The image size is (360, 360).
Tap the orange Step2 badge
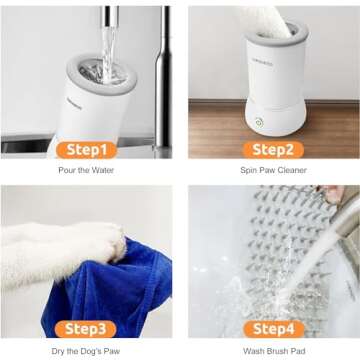[273, 150]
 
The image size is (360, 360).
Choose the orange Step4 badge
[273, 328]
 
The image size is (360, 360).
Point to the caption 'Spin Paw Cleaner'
[273, 171]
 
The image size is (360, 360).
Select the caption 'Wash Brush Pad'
[273, 350]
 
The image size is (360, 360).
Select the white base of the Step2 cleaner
[280, 115]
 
